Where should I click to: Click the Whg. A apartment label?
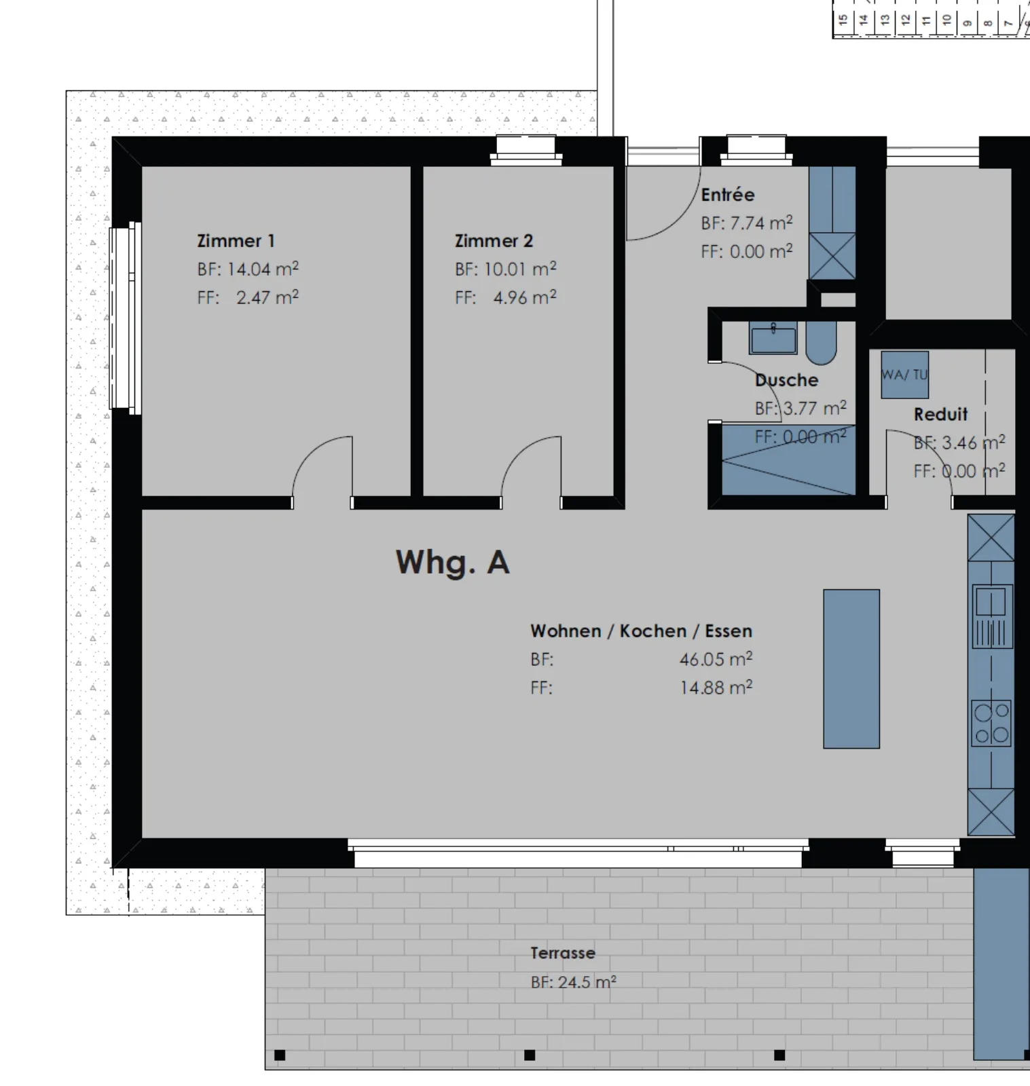point(452,563)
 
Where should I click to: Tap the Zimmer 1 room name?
point(236,241)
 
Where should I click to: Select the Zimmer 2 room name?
point(494,241)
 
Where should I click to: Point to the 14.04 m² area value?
point(263,269)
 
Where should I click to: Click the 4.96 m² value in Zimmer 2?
point(525,297)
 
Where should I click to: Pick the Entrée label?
point(728,195)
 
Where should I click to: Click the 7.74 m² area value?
point(761,223)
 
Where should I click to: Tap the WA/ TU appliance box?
point(904,375)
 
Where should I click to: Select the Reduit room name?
point(940,414)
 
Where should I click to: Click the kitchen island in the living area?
point(851,669)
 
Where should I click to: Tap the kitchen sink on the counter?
point(992,615)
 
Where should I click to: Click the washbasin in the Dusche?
point(773,338)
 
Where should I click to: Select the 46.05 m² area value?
point(716,659)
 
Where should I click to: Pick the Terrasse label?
point(563,953)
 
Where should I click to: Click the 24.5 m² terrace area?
point(587,981)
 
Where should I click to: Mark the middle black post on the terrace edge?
point(530,1055)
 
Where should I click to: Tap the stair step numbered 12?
point(906,20)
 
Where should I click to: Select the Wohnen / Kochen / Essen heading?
point(641,631)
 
